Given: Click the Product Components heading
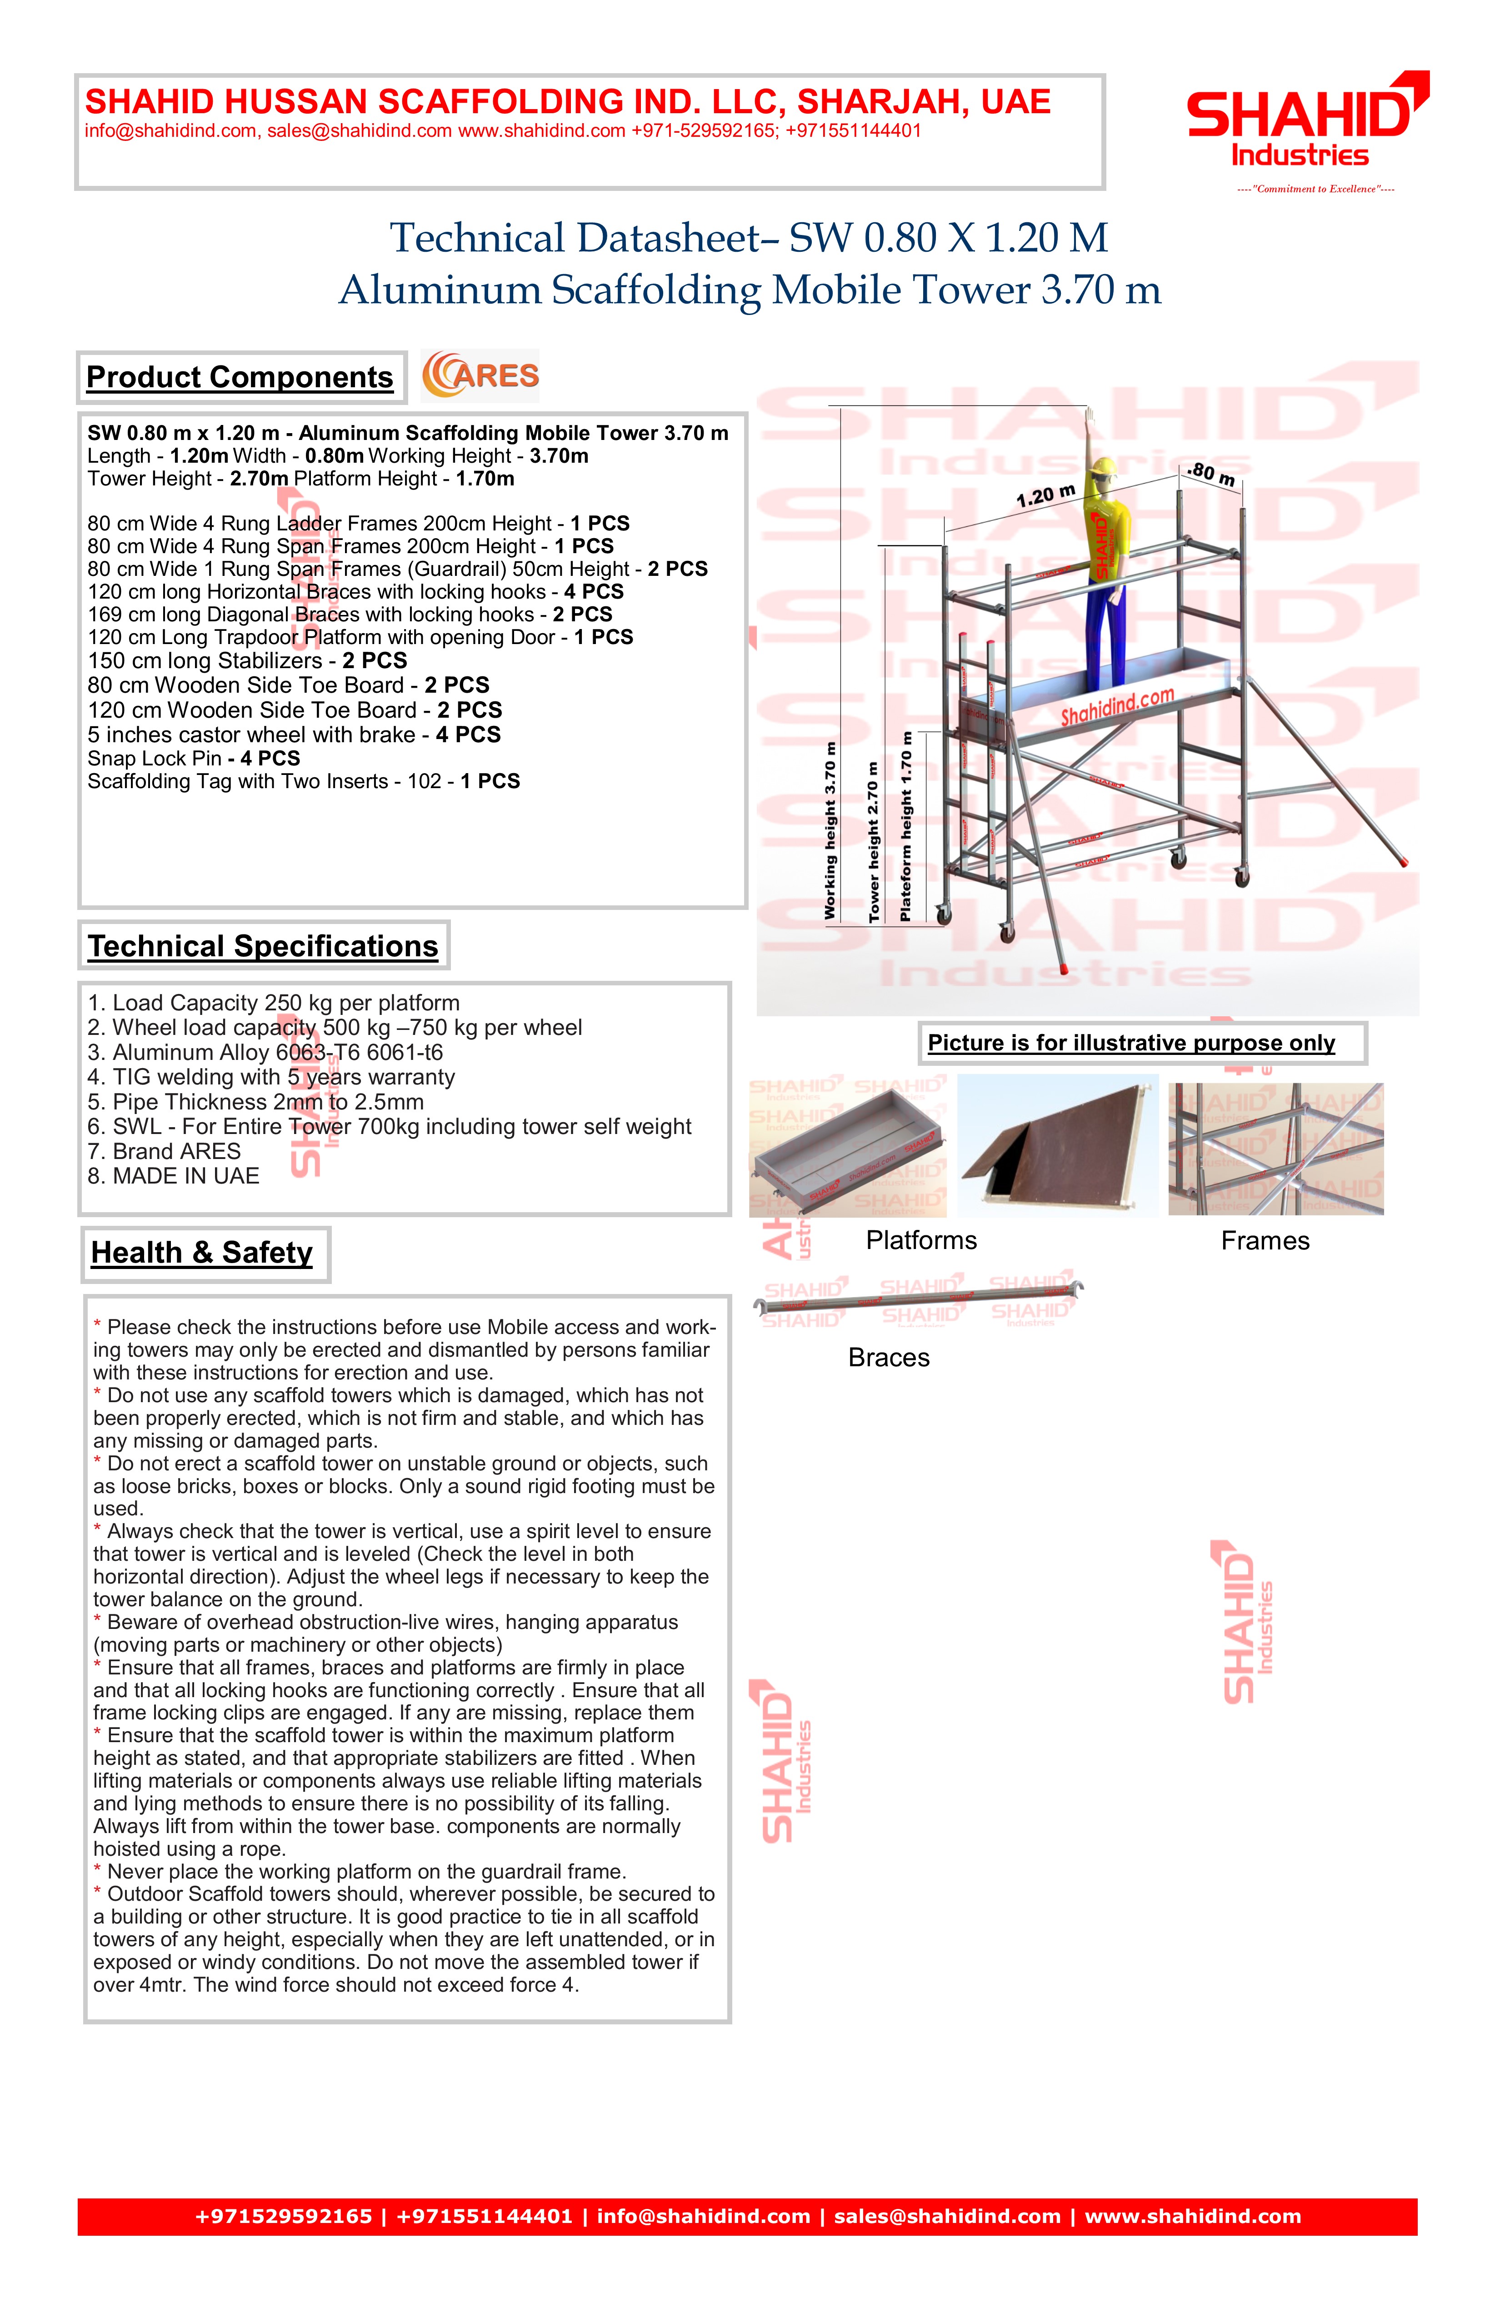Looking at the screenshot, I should click(240, 377).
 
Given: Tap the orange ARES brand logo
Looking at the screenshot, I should click(480, 376).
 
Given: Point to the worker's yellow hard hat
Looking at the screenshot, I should click(1104, 468).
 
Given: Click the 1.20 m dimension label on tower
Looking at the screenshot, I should click(1045, 496).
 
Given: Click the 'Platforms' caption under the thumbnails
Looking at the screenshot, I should click(921, 1241).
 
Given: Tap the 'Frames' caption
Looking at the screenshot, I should click(1265, 1241).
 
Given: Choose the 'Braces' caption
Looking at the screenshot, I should click(888, 1358).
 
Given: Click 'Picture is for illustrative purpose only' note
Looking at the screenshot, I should click(1131, 1043).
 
